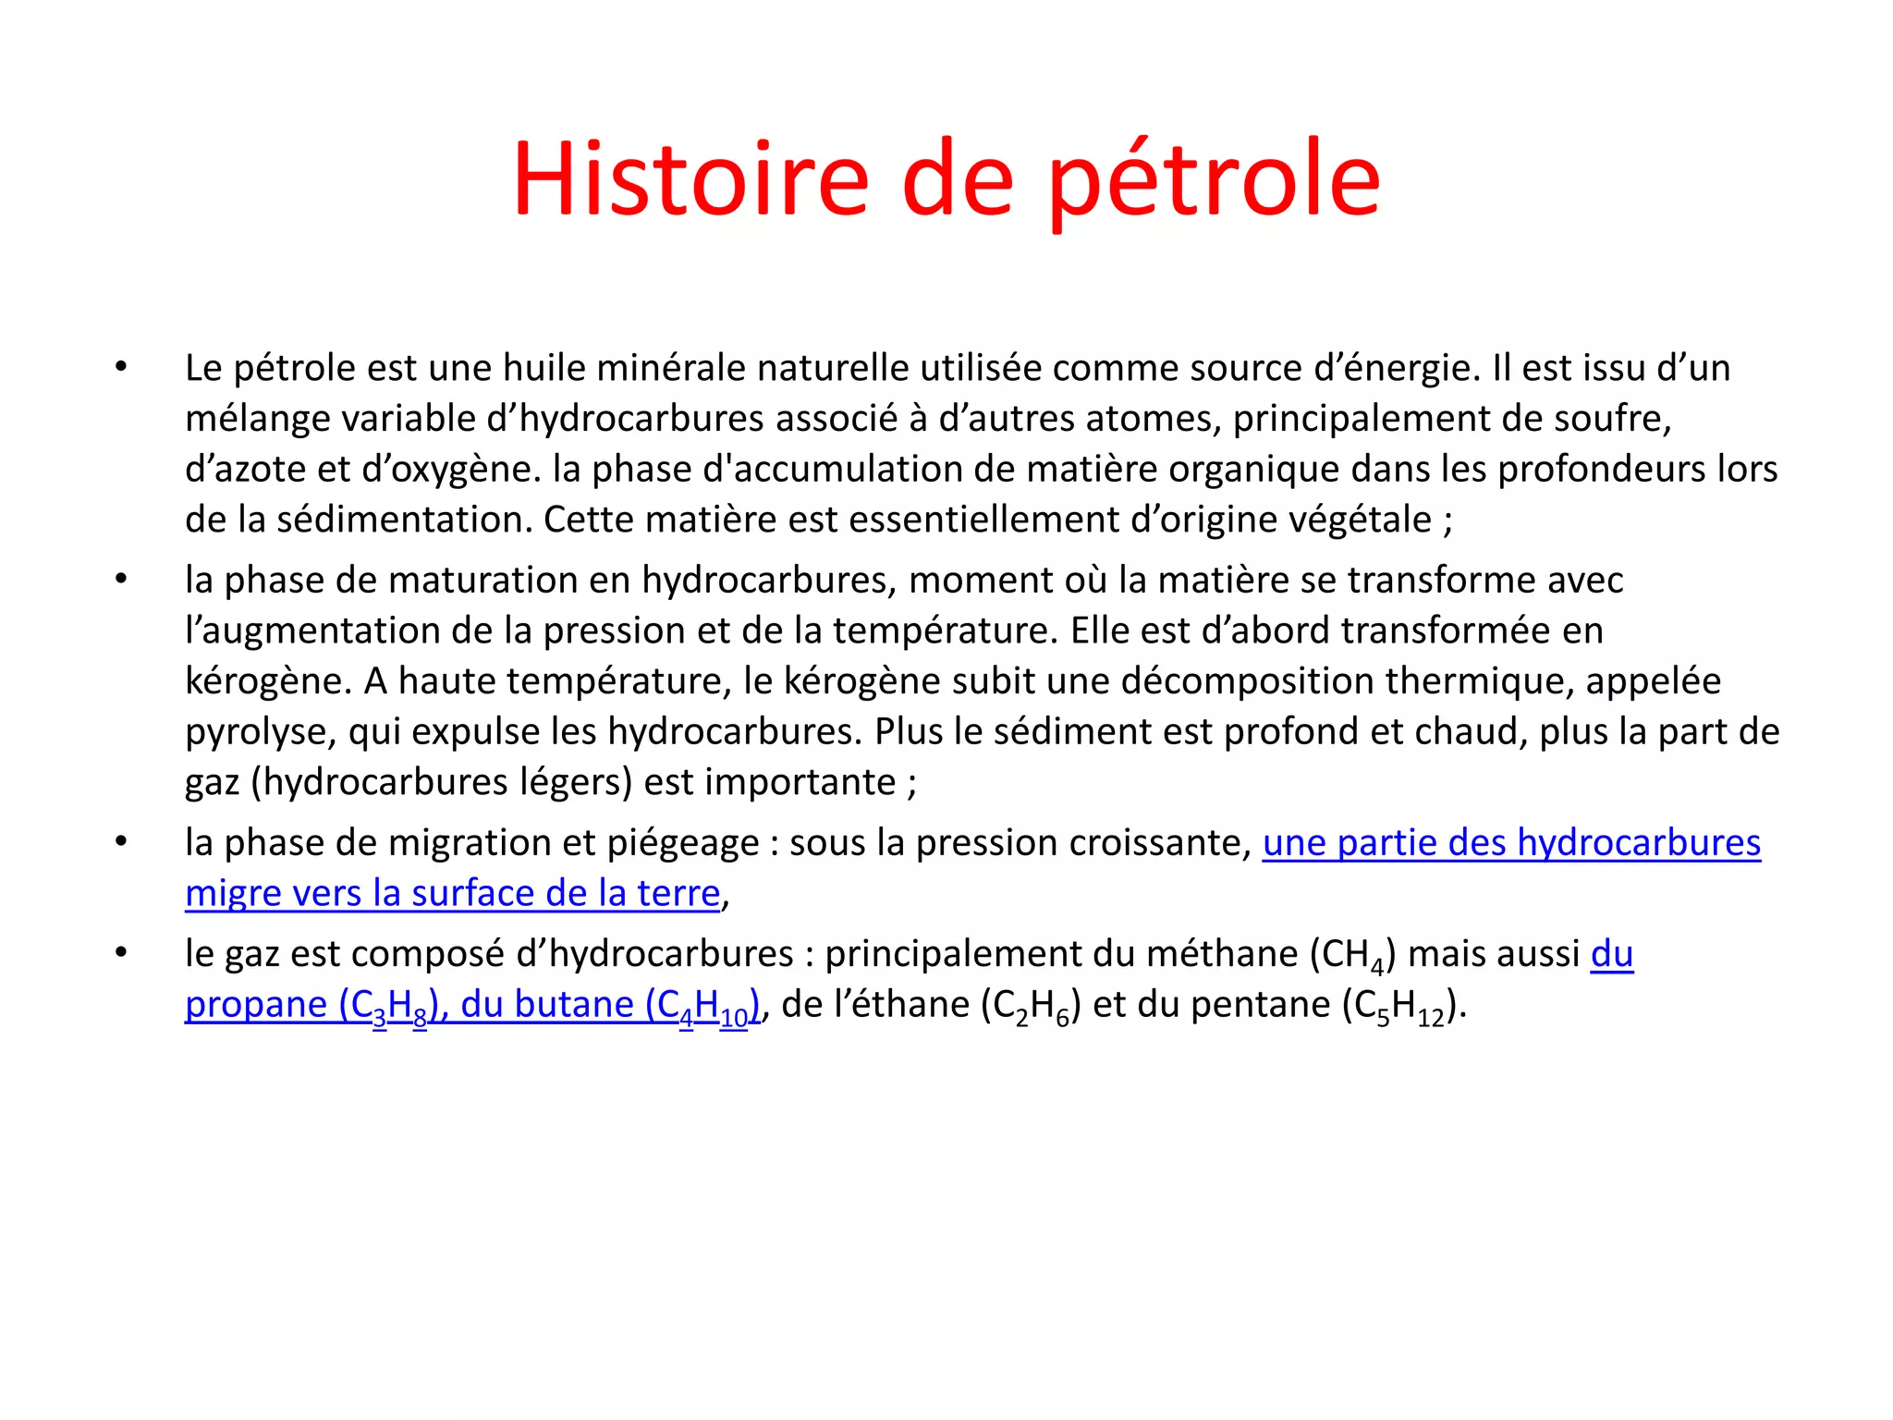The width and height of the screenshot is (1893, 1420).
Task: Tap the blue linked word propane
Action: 256,1005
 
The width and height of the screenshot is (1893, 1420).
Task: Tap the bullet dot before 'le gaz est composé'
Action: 121,952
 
